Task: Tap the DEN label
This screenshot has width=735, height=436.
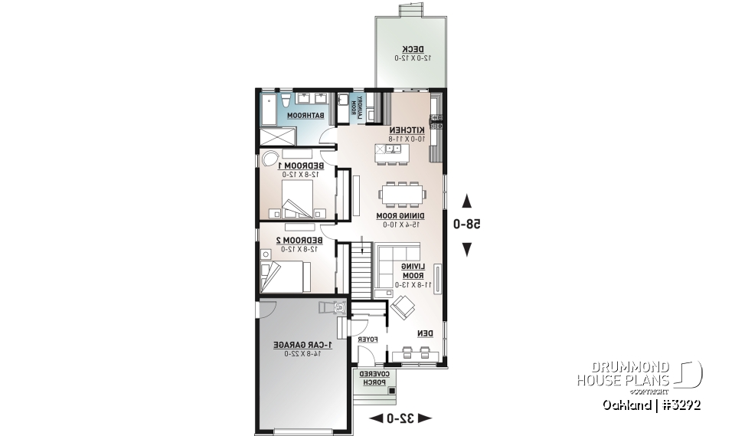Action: coord(425,333)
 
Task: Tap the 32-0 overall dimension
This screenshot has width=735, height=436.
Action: coord(400,418)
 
